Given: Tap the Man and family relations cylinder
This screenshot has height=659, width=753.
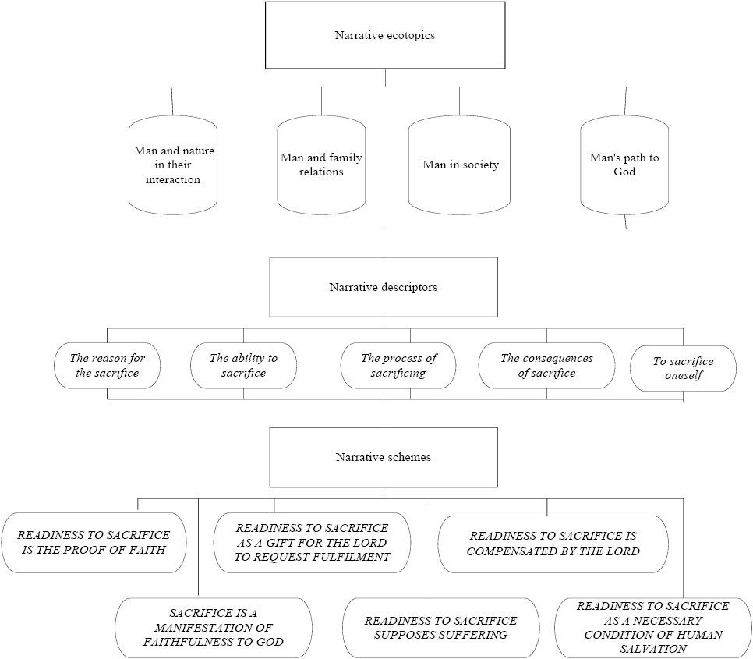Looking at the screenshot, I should click(321, 165).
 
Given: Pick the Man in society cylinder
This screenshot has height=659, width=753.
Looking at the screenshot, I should click(460, 165).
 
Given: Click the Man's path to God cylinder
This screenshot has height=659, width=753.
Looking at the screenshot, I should click(624, 165).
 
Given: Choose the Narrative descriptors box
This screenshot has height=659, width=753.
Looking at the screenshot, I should click(383, 287).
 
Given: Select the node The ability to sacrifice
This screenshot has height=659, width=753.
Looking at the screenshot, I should click(243, 365).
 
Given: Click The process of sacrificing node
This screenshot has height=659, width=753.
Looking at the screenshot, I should click(398, 365).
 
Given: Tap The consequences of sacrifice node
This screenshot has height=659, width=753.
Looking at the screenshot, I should click(546, 365).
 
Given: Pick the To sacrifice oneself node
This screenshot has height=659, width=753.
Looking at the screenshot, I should click(683, 368).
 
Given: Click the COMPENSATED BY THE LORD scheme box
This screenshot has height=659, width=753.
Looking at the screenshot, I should click(553, 544).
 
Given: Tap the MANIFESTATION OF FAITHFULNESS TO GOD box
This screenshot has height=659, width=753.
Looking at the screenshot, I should click(214, 628).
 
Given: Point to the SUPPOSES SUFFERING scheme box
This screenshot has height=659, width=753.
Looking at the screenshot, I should click(440, 628).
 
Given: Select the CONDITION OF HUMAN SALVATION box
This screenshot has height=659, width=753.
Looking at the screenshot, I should click(653, 627).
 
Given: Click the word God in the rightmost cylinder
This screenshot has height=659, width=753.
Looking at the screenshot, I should click(624, 172).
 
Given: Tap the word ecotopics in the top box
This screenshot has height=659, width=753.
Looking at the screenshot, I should click(406, 35).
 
